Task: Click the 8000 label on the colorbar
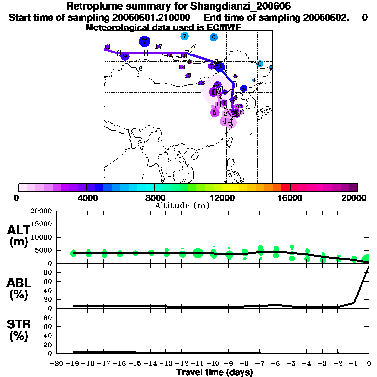pos(154,198)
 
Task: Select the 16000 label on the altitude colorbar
pos(290,198)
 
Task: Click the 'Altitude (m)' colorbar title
pos(182,206)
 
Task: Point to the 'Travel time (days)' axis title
pos(215,372)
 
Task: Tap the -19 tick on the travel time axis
pos(73,363)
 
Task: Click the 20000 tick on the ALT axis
pos(42,211)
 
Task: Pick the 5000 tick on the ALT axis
pos(44,250)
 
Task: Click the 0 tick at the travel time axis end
pos(369,363)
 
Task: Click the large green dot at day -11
pos(198,253)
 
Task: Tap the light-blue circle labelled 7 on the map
pos(184,36)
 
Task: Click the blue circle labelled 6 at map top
pos(214,37)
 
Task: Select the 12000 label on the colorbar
pos(222,198)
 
